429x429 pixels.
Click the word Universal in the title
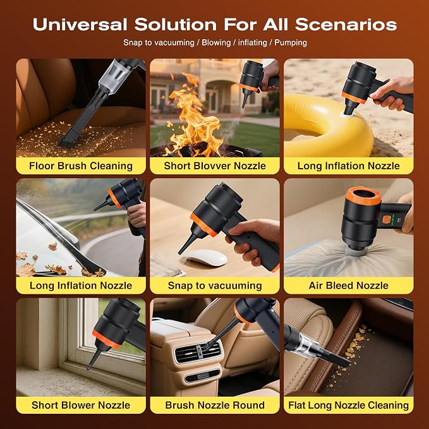click(x=80, y=25)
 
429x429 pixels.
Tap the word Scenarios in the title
click(x=346, y=25)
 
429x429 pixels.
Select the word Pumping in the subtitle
click(x=291, y=43)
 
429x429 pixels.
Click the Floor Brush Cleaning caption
click(x=81, y=166)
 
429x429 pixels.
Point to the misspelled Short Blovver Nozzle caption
click(x=215, y=166)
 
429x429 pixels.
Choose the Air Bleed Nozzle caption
click(x=349, y=286)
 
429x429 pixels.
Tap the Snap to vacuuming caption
click(x=215, y=286)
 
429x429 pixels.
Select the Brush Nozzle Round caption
click(x=215, y=405)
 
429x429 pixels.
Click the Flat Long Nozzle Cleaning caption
click(x=349, y=405)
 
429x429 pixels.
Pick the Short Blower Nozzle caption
click(x=81, y=405)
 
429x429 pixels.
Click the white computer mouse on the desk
click(x=205, y=257)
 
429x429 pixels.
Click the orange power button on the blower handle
click(x=386, y=219)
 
